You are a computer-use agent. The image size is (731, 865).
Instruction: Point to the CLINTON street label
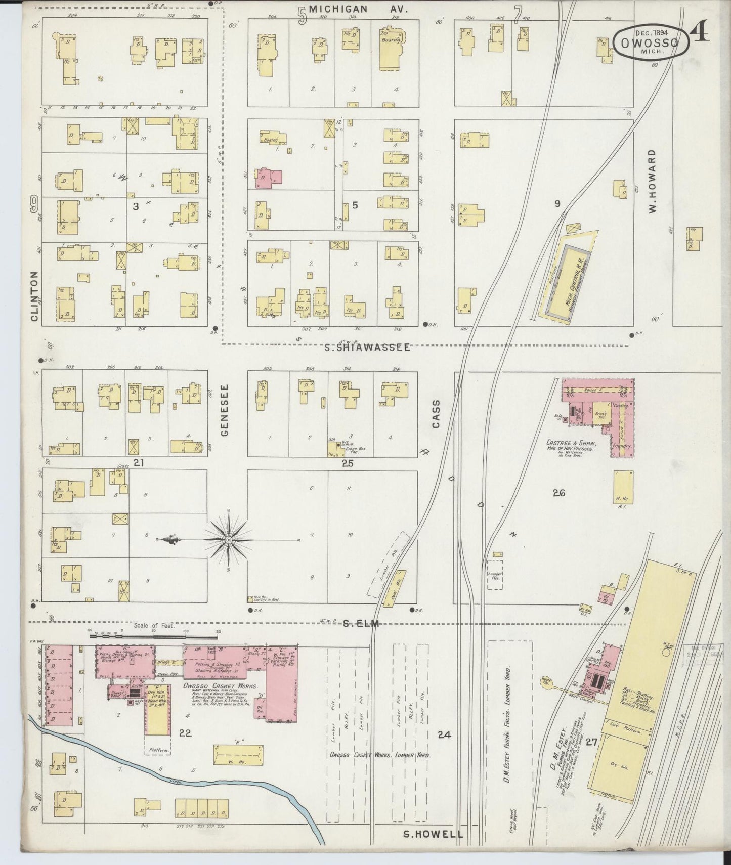tap(34, 296)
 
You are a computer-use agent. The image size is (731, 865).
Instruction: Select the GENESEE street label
tap(225, 410)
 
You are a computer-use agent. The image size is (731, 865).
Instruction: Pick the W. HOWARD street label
tap(652, 181)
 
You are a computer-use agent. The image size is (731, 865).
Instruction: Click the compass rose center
tap(229, 540)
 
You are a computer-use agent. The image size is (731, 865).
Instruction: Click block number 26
tap(558, 493)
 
